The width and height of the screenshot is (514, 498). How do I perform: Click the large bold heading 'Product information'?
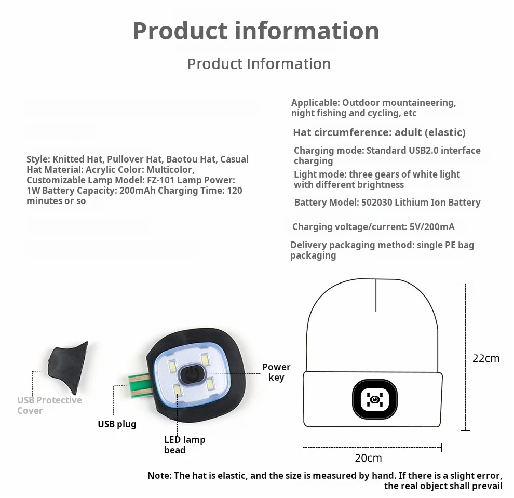tap(256, 31)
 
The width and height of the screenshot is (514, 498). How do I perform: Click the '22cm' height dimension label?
tap(485, 358)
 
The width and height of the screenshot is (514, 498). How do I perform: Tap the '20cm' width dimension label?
tap(368, 457)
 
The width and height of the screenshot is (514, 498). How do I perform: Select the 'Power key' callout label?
tap(276, 372)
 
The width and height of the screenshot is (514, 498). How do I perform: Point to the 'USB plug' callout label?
tap(117, 424)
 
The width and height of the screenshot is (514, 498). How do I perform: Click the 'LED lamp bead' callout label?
tap(184, 445)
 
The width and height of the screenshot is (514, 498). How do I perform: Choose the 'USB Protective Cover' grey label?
tap(49, 405)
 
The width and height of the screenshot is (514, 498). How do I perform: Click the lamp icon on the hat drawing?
tap(374, 399)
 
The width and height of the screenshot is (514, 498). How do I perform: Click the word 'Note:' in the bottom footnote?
tap(159, 475)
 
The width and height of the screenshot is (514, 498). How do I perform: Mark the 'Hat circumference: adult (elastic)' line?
tap(379, 132)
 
